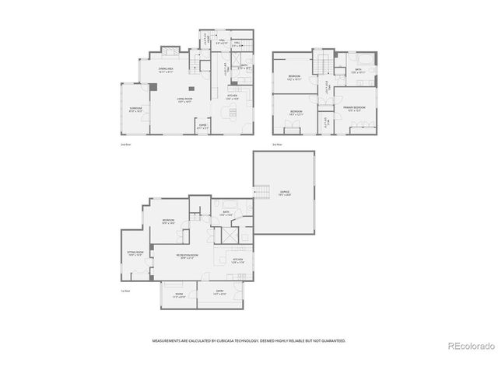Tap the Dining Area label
165,70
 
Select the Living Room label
184,100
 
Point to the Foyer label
202,125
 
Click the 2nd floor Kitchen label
232,97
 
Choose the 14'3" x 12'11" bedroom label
296,113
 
